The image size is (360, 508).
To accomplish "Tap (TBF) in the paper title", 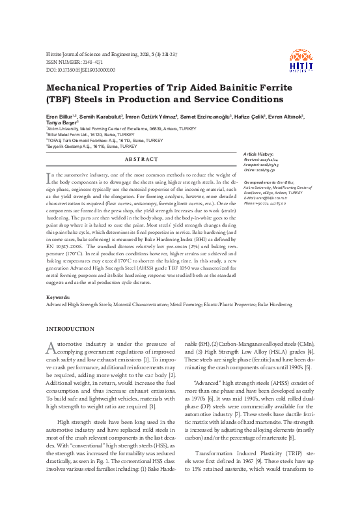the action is pos(62,100).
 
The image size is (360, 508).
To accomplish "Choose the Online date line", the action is pos(277,170).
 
